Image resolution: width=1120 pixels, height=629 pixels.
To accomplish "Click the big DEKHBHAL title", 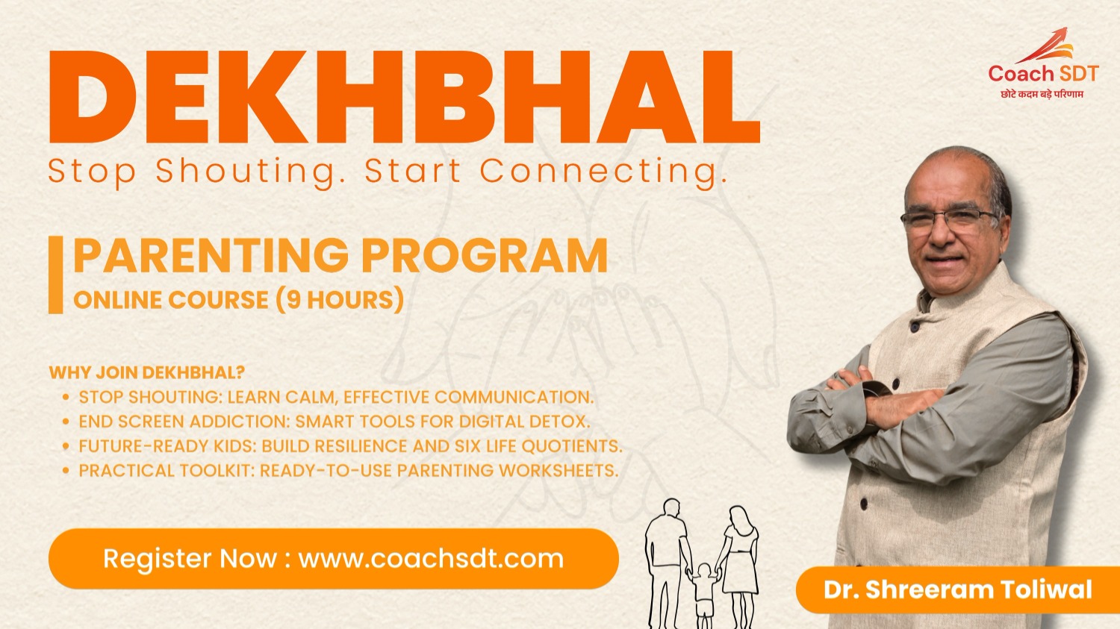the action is (405, 97).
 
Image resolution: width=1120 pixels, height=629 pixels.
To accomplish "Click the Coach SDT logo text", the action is (1043, 73).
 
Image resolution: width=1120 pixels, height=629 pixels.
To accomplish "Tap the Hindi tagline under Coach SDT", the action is (1042, 94).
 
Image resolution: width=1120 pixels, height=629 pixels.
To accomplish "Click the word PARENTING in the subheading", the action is (211, 255).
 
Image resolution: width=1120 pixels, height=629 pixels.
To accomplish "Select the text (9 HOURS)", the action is (340, 300).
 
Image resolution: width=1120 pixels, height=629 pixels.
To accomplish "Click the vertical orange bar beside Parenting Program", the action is (55, 275).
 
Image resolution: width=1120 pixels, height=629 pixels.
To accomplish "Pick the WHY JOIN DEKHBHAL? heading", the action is (147, 372).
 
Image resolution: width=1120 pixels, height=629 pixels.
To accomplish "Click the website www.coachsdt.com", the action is (431, 559).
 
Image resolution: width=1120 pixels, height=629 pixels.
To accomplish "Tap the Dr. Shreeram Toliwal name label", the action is (957, 589).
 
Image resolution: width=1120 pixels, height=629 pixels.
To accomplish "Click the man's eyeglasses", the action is (948, 220).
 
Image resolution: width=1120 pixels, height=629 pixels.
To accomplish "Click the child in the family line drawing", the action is (705, 595).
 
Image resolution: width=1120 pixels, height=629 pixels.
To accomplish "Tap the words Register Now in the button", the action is (190, 559).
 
